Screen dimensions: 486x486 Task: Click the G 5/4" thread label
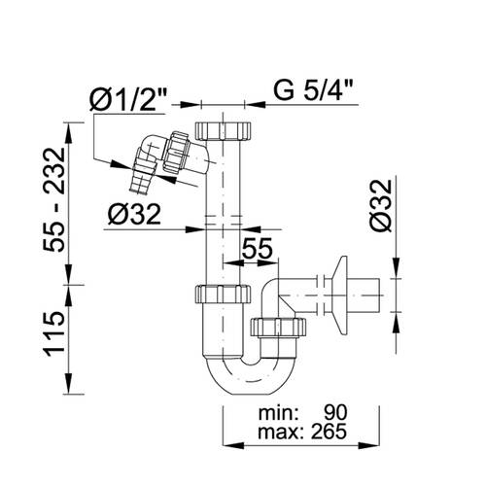click(x=313, y=90)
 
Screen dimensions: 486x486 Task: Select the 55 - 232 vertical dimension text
click(x=54, y=199)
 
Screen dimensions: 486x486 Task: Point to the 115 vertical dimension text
click(x=54, y=334)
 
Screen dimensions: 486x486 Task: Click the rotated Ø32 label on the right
click(x=381, y=205)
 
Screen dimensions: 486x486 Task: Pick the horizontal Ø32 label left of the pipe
click(x=134, y=214)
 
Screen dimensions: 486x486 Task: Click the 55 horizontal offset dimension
click(x=258, y=248)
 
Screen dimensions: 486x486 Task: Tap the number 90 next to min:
click(x=335, y=413)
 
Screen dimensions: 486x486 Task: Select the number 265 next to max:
click(x=330, y=432)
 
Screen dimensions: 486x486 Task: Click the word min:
click(x=278, y=413)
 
